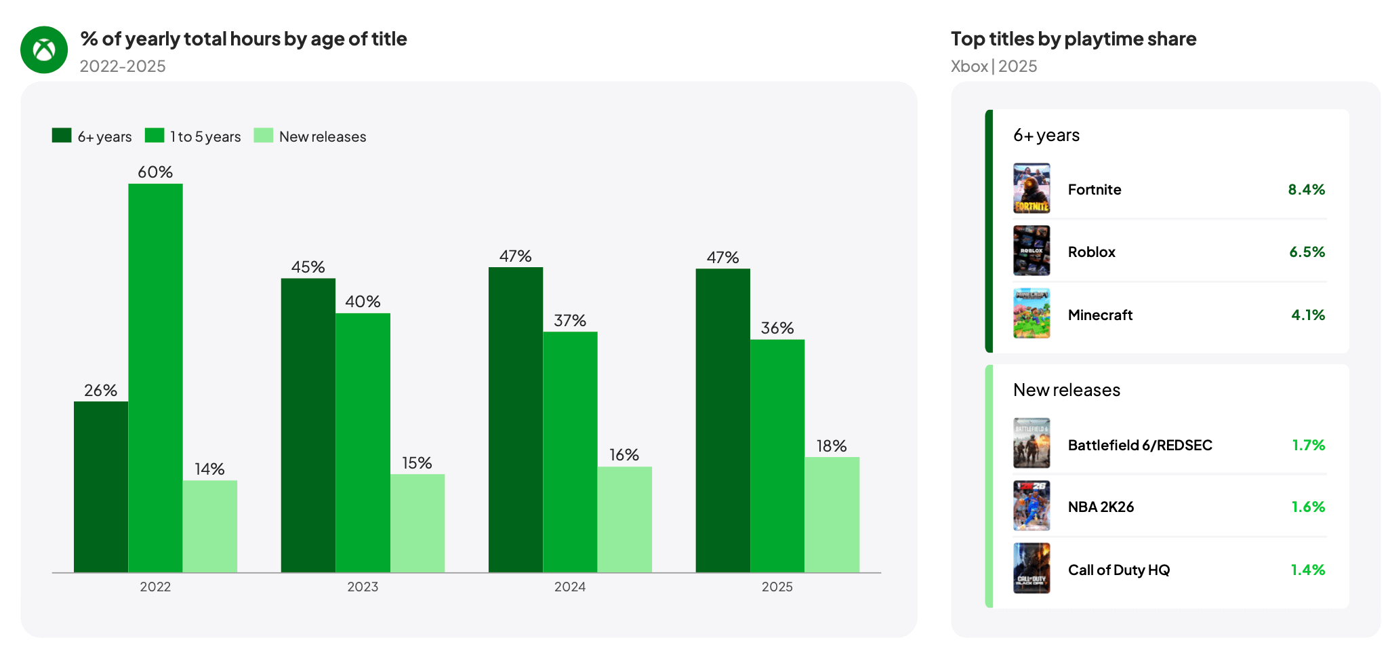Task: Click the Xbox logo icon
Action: [44, 50]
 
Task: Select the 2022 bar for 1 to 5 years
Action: [155, 378]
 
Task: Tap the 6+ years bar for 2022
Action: [101, 487]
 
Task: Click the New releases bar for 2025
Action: [832, 515]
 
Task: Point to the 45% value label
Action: [308, 267]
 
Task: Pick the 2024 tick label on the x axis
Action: [570, 587]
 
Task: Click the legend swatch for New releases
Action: [264, 136]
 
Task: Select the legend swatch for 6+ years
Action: [62, 136]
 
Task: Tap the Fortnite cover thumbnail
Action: [1032, 189]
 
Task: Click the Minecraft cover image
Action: [1032, 313]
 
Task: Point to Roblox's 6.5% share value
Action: [1307, 252]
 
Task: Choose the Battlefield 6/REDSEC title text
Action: [1140, 445]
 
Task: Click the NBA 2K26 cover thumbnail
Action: [1032, 506]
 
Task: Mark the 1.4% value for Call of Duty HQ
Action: [1307, 570]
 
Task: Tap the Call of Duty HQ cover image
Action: [1032, 568]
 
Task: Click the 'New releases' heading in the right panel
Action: [1067, 390]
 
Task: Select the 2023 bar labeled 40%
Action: [363, 443]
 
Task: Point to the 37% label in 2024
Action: [570, 320]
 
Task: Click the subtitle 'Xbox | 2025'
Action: [994, 66]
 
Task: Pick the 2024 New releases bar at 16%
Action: [625, 519]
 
